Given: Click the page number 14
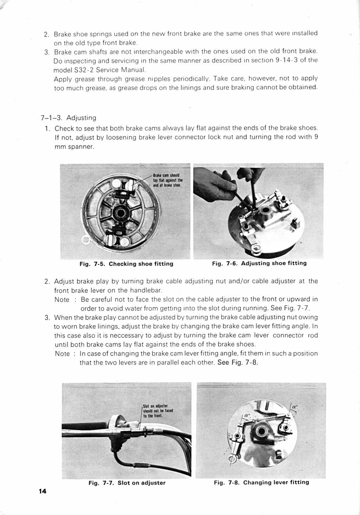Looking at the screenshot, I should [x=43, y=491].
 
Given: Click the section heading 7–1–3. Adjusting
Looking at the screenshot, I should [x=69, y=118].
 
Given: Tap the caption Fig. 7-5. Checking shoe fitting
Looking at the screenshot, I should [x=126, y=264].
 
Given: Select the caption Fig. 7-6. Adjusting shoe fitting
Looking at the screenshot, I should [x=259, y=263].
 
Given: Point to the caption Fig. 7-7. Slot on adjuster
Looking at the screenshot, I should [x=127, y=483].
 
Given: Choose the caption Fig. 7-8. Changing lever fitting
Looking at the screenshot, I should [x=261, y=482].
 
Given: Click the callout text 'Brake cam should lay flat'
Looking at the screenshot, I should [x=168, y=180].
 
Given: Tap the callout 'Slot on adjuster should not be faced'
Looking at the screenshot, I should [x=158, y=411].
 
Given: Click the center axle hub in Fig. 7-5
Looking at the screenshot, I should [x=121, y=213].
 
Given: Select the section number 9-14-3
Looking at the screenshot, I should [x=287, y=60].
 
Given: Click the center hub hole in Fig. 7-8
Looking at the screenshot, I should [x=261, y=432].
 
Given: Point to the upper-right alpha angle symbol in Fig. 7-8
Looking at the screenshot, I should [x=295, y=407].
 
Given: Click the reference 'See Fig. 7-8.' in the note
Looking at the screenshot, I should [x=238, y=363].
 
